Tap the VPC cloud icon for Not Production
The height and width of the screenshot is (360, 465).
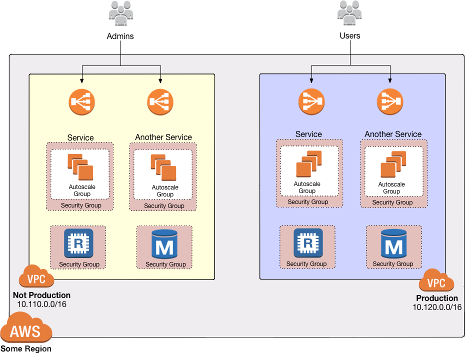point(36,277)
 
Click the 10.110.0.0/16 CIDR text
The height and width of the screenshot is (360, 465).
point(41,304)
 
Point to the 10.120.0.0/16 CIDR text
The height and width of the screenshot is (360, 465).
point(437,307)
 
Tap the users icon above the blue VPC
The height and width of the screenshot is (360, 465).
point(349,13)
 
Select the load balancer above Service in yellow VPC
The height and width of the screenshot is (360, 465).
point(81,102)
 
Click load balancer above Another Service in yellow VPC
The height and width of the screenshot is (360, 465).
point(160,102)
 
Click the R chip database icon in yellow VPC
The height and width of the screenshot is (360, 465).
point(78,243)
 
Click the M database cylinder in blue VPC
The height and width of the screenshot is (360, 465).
point(393,244)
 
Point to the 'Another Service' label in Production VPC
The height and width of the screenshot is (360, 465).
point(393,134)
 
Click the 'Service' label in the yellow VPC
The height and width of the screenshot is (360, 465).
point(80,137)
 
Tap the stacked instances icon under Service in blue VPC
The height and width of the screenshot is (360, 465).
point(308,164)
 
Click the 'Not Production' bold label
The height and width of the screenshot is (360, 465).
point(41,295)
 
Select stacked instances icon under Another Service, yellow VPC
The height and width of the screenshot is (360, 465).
point(163,167)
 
